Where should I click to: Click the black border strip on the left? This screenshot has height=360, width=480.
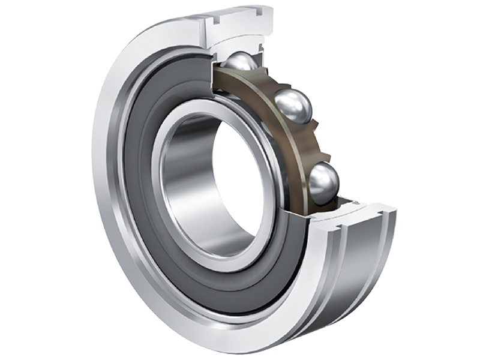[x=24, y=180]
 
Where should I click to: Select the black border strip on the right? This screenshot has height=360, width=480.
[x=456, y=180]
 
